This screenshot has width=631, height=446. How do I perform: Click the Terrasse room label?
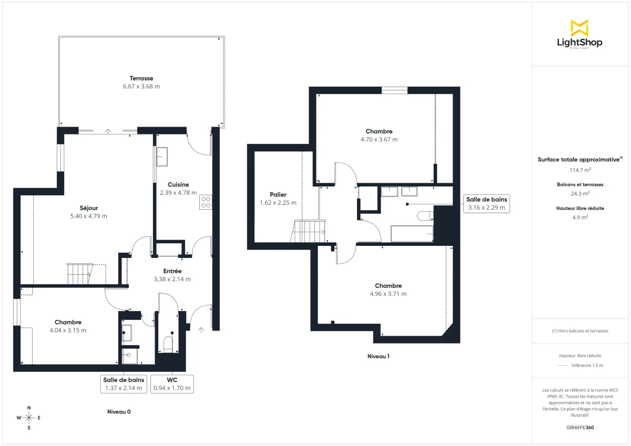point(141,78)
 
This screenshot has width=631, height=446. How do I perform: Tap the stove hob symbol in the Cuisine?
point(206,203)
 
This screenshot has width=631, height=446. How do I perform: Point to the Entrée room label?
point(172,271)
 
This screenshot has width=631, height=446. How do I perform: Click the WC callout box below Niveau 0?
point(172,384)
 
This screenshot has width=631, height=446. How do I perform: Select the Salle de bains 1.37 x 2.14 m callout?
point(124,384)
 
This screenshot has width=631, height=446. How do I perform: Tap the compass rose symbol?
point(29,418)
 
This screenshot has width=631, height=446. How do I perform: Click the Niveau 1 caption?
point(378,356)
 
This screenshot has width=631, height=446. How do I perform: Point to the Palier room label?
point(278,194)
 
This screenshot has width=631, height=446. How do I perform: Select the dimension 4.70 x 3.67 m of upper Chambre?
point(379,140)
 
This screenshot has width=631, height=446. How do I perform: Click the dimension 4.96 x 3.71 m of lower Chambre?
point(388,294)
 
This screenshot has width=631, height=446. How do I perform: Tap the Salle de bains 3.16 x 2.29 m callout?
point(486,203)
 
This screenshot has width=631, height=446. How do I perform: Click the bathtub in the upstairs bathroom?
point(411,233)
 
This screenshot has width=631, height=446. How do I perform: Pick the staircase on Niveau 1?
point(309,231)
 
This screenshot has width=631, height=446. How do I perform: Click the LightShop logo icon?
point(579,28)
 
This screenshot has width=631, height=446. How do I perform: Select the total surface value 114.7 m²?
point(579,170)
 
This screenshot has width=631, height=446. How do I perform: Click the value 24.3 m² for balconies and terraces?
point(579,193)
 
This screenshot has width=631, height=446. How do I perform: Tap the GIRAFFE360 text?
point(579,428)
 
